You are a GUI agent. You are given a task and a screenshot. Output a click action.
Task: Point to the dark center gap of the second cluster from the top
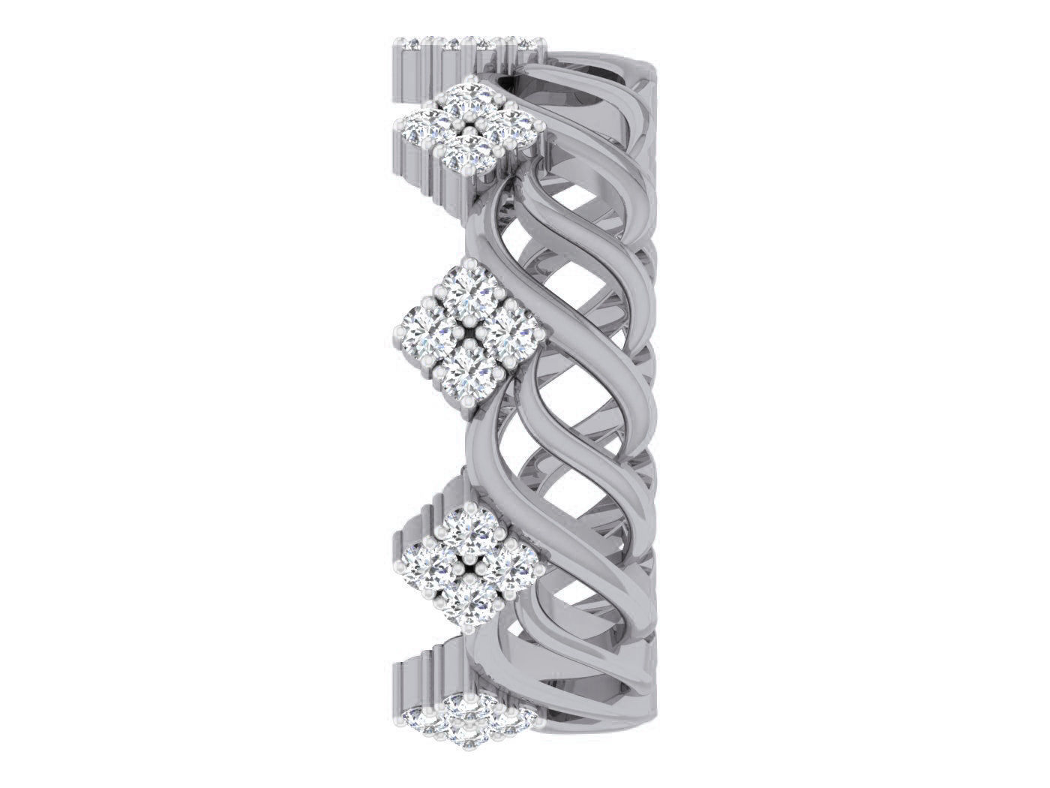(468, 335)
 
